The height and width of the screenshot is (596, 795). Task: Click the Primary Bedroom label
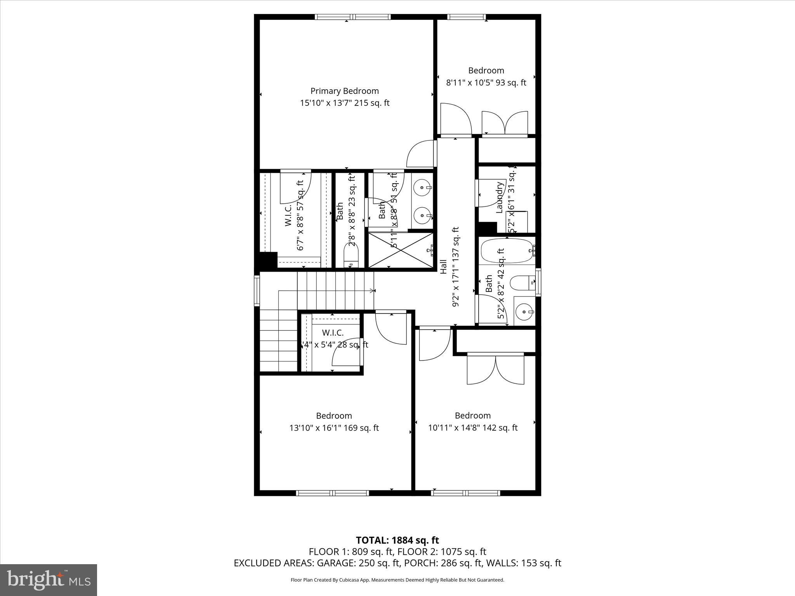click(344, 91)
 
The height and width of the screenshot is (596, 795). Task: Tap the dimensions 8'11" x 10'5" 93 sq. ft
click(486, 83)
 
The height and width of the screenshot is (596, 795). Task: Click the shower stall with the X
click(400, 250)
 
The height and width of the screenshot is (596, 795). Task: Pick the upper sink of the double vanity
click(422, 189)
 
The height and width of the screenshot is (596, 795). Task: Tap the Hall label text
click(443, 267)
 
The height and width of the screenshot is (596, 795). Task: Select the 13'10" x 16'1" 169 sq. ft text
click(334, 428)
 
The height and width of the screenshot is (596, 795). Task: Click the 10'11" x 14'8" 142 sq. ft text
click(472, 428)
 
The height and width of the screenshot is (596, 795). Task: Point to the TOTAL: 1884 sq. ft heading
click(397, 540)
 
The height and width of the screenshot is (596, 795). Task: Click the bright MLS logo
click(49, 580)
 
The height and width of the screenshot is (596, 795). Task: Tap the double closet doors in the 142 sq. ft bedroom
click(496, 369)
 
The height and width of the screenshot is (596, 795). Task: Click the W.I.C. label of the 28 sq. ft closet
click(333, 333)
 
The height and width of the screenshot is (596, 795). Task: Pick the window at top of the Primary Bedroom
click(352, 17)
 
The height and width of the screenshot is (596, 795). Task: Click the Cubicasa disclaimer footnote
click(397, 580)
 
